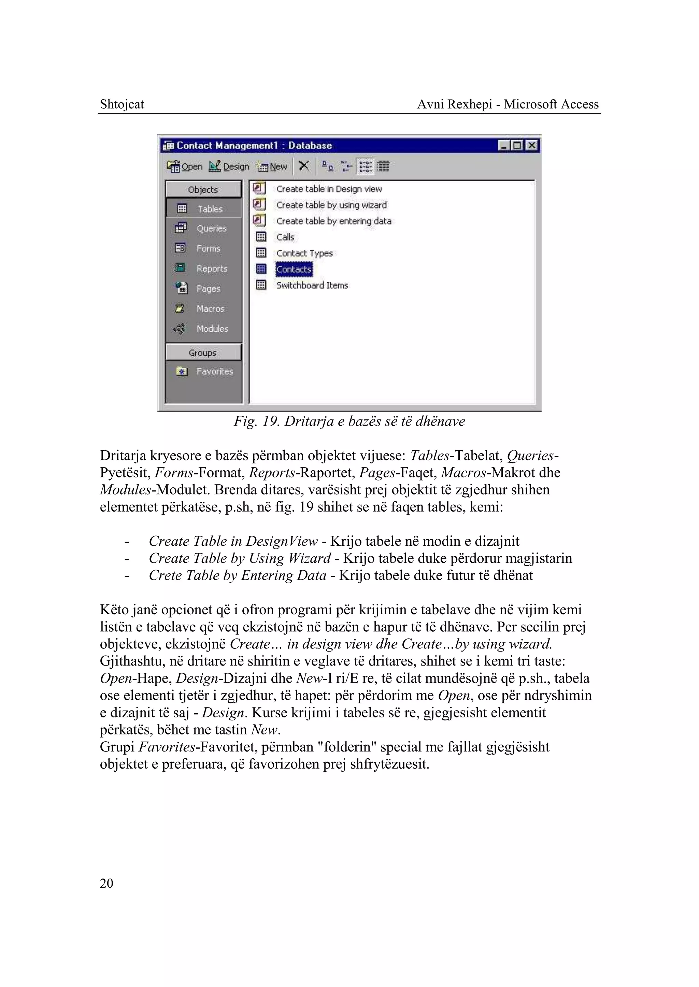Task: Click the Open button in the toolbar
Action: click(185, 167)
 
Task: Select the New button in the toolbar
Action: click(272, 167)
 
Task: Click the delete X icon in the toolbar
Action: click(304, 166)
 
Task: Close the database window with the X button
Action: click(532, 145)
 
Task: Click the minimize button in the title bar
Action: click(503, 145)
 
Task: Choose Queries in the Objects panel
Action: click(203, 229)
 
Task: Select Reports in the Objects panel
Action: click(203, 269)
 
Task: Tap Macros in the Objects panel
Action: click(203, 309)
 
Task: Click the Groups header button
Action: click(203, 353)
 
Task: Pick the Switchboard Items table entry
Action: click(312, 285)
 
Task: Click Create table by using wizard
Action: click(331, 205)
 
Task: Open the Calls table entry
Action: click(285, 237)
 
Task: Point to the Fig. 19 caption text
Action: click(349, 421)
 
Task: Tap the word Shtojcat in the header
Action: click(122, 104)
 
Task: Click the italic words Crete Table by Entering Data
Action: click(237, 575)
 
